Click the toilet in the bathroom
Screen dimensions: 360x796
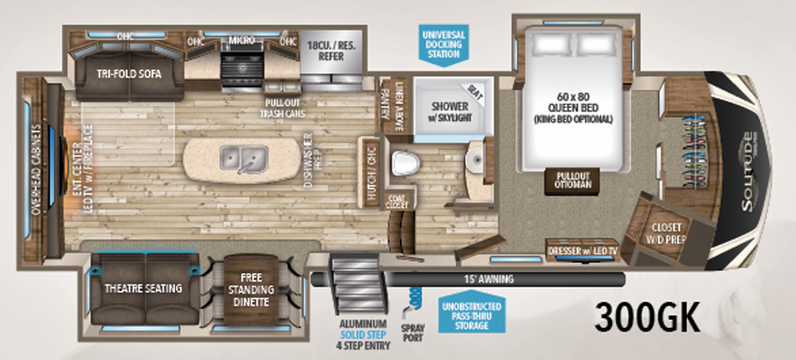[x=406, y=164]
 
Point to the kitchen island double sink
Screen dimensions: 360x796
[x=244, y=160]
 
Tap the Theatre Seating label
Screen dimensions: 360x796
[x=144, y=288]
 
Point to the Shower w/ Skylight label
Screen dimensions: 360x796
[x=438, y=110]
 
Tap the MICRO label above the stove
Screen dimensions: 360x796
[x=240, y=41]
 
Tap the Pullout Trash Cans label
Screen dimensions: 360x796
[x=284, y=108]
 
